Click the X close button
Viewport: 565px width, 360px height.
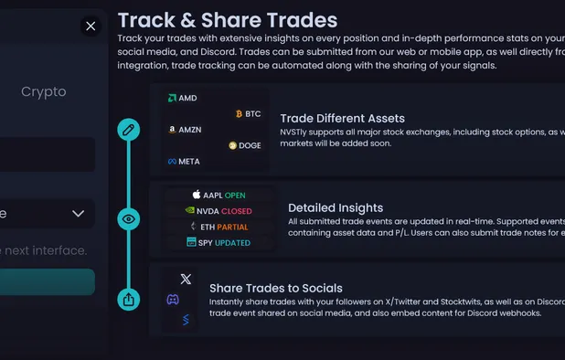click(x=91, y=26)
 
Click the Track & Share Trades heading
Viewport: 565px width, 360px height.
click(x=228, y=20)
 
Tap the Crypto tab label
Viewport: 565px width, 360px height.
click(x=44, y=91)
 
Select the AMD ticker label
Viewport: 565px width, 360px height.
click(x=187, y=98)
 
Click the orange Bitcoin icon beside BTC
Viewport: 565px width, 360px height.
click(x=240, y=114)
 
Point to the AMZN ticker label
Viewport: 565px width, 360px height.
click(x=189, y=130)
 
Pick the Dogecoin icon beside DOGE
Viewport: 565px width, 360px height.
click(x=232, y=145)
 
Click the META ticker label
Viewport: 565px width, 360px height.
click(x=188, y=162)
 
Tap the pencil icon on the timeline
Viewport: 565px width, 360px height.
click(x=129, y=129)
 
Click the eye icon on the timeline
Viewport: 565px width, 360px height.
click(x=129, y=219)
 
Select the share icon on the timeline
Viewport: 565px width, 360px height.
click(x=129, y=299)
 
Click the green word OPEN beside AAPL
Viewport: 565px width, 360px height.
click(x=235, y=196)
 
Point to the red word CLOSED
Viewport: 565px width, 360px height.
click(x=237, y=211)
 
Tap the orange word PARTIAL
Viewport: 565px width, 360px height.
click(x=233, y=227)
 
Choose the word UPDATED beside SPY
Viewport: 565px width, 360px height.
click(x=233, y=242)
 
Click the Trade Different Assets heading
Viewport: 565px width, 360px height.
click(x=342, y=118)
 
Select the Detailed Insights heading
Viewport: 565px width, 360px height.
click(x=336, y=207)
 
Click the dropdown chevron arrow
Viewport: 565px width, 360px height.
click(x=78, y=214)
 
